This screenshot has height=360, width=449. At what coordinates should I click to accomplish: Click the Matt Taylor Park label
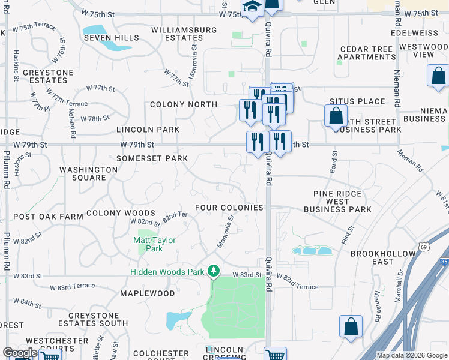pos(154,244)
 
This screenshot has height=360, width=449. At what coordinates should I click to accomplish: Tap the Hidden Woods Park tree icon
pos(213,271)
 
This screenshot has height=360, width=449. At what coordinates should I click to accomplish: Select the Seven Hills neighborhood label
pos(111,38)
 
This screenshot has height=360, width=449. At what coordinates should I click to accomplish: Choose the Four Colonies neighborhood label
pos(229,208)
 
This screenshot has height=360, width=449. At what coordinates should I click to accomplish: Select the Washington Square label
pos(89,174)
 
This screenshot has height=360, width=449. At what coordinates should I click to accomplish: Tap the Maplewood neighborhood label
pos(147,293)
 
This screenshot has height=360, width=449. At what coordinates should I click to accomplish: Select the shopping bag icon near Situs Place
pos(336,116)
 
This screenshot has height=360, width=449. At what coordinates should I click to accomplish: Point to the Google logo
pos(20,353)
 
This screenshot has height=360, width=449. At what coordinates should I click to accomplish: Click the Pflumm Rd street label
pos(7,240)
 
